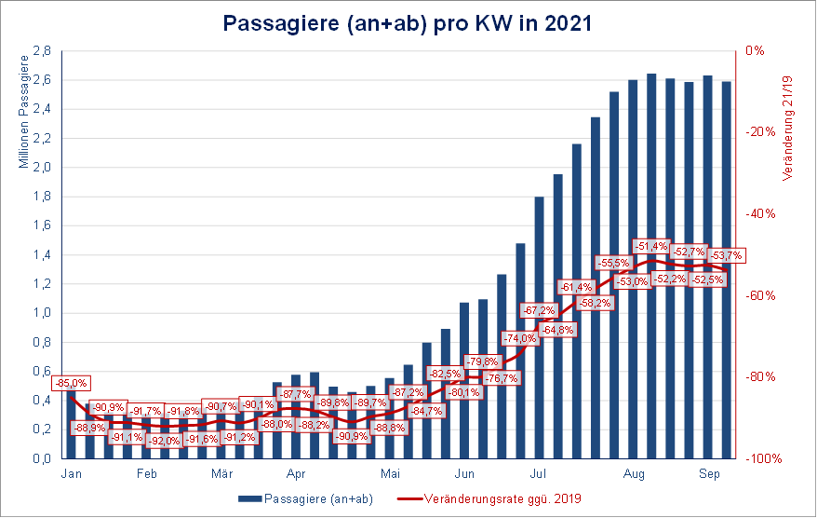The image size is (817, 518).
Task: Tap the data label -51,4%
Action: pyautogui.click(x=651, y=246)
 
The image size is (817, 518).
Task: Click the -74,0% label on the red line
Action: pyautogui.click(x=519, y=338)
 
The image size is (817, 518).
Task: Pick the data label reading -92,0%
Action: pyautogui.click(x=165, y=441)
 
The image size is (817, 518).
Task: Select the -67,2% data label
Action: pyautogui.click(x=540, y=310)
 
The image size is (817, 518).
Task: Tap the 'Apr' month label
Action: pyautogui.click(x=296, y=473)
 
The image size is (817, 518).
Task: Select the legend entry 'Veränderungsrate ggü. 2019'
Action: pyautogui.click(x=503, y=498)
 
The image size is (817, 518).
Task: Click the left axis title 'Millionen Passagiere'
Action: pyautogui.click(x=23, y=112)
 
